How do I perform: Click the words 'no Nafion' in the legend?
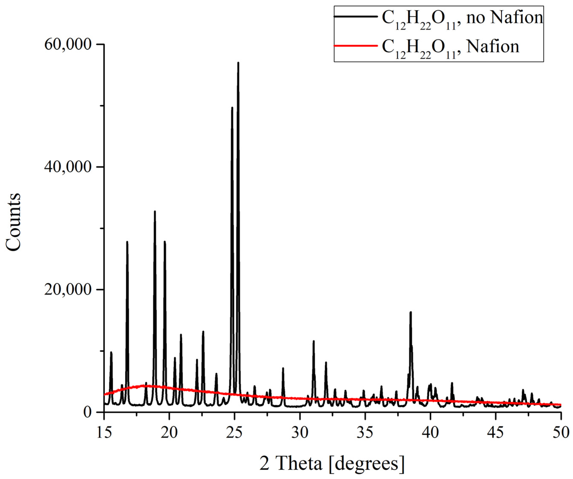click(505, 18)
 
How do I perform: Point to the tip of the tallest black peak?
click(238, 63)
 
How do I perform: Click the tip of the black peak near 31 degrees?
click(313, 341)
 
